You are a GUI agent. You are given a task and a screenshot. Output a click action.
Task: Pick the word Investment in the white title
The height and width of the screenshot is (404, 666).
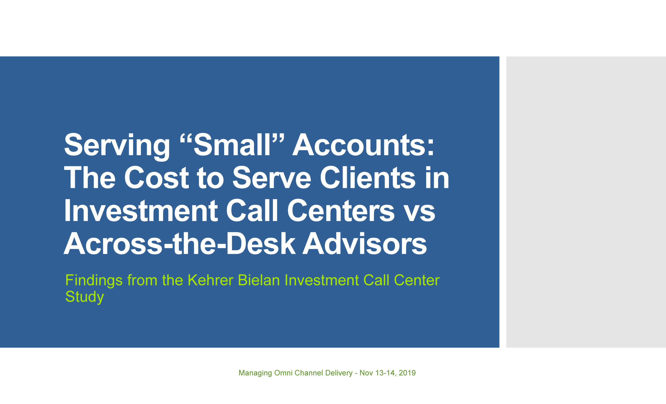141,210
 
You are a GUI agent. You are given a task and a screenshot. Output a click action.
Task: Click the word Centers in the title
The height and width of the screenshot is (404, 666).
341,210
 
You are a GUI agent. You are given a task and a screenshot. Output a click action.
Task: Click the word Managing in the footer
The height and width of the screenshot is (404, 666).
255,373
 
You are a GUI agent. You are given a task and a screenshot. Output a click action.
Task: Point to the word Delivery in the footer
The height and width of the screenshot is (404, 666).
339,373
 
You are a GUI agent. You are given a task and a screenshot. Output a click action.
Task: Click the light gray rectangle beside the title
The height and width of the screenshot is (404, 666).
586,202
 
